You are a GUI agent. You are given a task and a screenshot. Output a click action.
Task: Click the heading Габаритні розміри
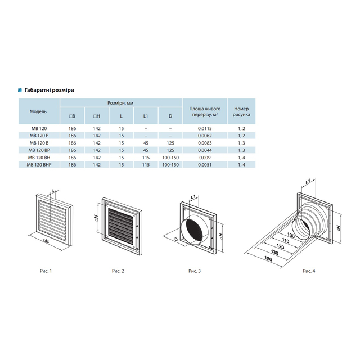[x=49, y=90]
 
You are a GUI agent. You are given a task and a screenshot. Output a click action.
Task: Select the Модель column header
[x=38, y=111]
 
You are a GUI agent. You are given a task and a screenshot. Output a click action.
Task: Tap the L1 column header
[x=146, y=116]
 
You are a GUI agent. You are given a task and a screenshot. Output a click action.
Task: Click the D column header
[x=170, y=116]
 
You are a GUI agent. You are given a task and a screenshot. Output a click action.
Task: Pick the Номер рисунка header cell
[x=241, y=111]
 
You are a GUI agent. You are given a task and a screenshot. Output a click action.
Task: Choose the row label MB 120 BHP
[x=39, y=165]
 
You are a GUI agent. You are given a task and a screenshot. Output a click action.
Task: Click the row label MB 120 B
[x=39, y=143]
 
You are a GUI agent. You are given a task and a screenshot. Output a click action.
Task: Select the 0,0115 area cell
[x=205, y=129]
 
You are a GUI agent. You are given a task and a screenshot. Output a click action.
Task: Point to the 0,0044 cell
[x=205, y=150]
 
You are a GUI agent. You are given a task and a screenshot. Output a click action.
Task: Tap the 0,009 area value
[x=205, y=157]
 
